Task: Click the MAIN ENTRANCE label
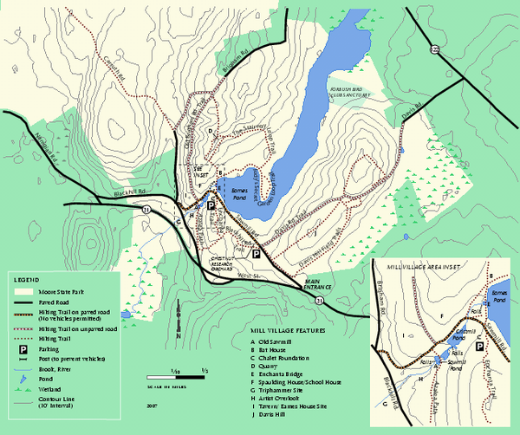[317, 283]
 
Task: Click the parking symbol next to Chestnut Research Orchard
[256, 254]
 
